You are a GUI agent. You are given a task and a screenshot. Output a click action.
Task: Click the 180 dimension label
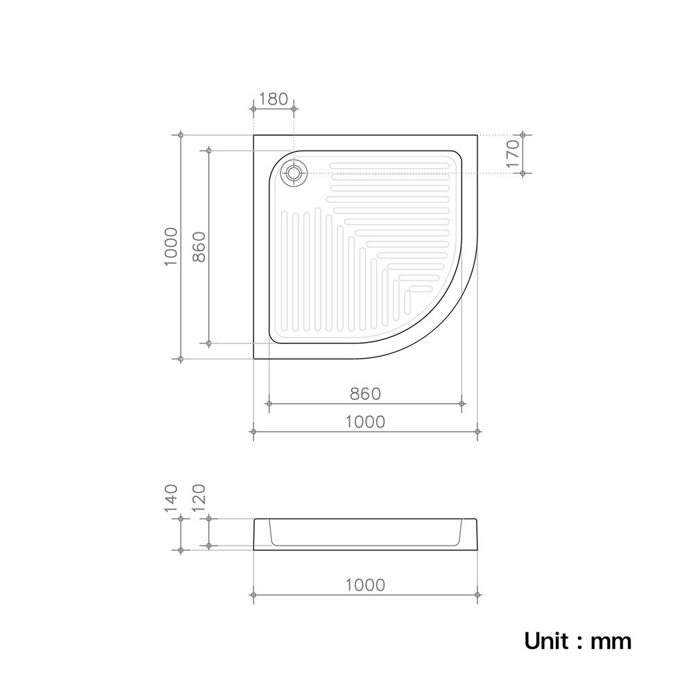[x=273, y=99]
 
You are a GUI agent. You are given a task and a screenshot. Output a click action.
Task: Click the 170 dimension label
[x=513, y=153]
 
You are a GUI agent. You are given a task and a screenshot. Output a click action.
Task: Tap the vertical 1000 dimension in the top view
[x=171, y=246]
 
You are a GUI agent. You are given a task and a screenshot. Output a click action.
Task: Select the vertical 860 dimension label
[x=199, y=246]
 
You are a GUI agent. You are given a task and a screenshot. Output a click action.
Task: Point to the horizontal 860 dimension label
[x=365, y=393]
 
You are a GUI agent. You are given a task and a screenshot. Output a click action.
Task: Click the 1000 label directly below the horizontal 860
[x=365, y=422]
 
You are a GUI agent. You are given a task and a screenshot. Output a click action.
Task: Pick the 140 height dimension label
[x=171, y=498]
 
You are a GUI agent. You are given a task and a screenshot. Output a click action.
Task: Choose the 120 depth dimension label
[x=199, y=498]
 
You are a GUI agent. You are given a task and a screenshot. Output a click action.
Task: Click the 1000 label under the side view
[x=365, y=585]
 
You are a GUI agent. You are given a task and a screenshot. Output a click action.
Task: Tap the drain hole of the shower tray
[x=294, y=173]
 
